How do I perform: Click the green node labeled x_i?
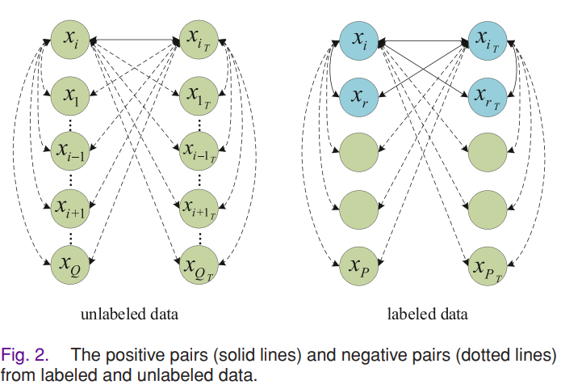pos(70,39)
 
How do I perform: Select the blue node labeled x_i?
pos(359,40)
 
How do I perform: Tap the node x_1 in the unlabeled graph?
pos(70,95)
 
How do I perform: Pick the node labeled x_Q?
pos(70,264)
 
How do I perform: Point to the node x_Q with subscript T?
pos(199,265)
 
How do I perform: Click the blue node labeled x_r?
pos(359,97)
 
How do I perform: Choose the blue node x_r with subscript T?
pos(488,97)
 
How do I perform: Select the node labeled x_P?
pos(359,265)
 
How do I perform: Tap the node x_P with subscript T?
pos(488,265)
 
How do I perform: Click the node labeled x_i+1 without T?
pos(70,209)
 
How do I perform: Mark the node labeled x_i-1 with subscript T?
pos(199,151)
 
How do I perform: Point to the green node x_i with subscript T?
pos(199,39)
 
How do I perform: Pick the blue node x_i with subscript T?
pos(488,40)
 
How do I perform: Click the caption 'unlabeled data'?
pos(129,314)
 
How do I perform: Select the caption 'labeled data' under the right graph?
pos(428,314)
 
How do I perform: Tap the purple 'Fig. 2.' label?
pos(24,355)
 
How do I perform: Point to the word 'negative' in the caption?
pos(374,356)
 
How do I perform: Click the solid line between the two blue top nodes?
pos(423,41)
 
